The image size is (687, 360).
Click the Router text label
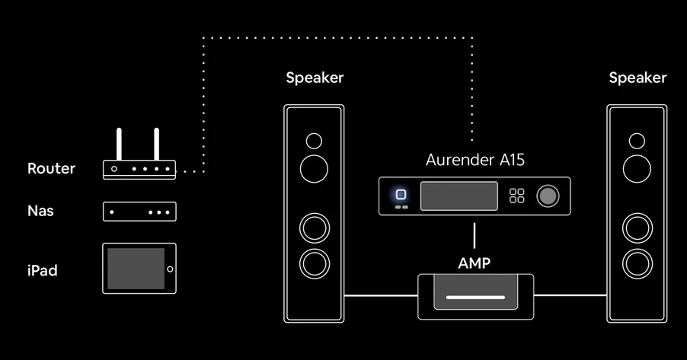(51, 169)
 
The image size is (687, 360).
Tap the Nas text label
(40, 211)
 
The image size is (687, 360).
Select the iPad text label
(42, 270)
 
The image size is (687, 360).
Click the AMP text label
(474, 263)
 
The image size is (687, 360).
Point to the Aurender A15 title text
(475, 160)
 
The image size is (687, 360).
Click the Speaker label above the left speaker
(315, 78)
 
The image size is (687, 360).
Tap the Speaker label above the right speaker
(637, 78)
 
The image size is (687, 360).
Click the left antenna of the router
(119, 144)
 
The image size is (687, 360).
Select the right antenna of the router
(156, 144)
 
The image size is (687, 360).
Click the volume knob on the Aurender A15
(548, 196)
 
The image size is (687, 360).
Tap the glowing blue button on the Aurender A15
(401, 194)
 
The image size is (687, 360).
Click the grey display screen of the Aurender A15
(459, 196)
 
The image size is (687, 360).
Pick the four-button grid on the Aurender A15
(517, 196)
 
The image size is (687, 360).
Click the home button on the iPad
(170, 269)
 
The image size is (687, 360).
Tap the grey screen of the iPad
(136, 269)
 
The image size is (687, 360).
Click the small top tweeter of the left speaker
(314, 141)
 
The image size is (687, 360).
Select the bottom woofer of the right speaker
(637, 264)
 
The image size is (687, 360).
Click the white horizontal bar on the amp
(475, 297)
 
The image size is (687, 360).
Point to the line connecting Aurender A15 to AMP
(475, 236)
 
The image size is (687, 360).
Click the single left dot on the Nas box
(112, 212)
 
